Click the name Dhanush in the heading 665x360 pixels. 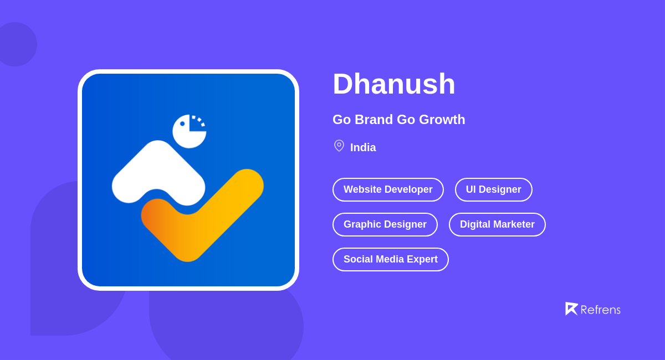pyautogui.click(x=393, y=84)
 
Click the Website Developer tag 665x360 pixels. pyautogui.click(x=388, y=189)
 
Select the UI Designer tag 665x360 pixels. pyautogui.click(x=493, y=189)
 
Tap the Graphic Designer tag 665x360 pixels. pyautogui.click(x=385, y=224)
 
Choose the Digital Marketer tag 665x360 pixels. pyautogui.click(x=497, y=224)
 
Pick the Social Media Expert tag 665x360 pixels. pyautogui.click(x=390, y=259)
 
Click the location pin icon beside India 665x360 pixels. pyautogui.click(x=339, y=146)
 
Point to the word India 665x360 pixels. pyautogui.click(x=363, y=147)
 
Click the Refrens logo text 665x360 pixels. pyautogui.click(x=600, y=310)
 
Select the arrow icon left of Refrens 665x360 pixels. pyautogui.click(x=571, y=308)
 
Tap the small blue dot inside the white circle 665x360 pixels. pyautogui.click(x=182, y=124)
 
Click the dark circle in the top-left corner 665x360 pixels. pyautogui.click(x=16, y=44)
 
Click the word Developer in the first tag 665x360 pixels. pyautogui.click(x=408, y=189)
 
